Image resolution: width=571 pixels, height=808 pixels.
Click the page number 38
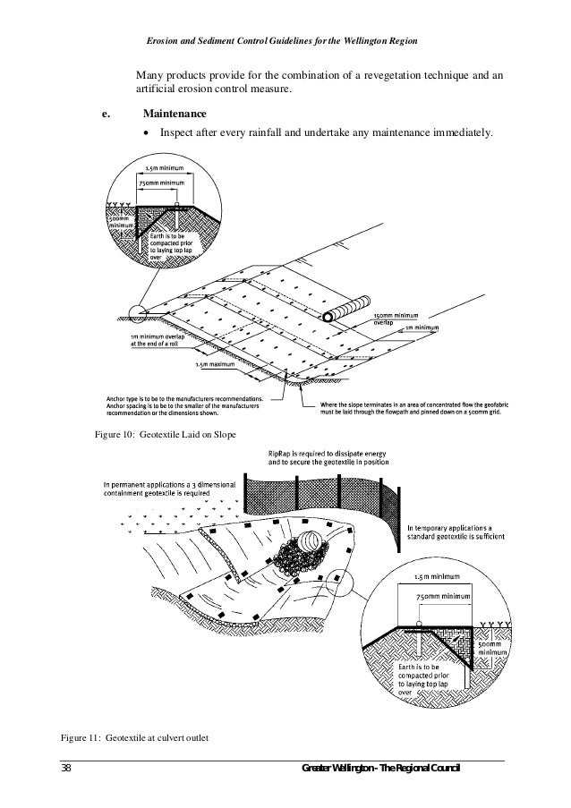coord(66,770)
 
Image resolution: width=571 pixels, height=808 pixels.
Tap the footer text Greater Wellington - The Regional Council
coord(380,770)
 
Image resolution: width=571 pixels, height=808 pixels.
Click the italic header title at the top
coord(286,44)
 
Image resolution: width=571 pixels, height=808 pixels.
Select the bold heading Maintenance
coord(175,115)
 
